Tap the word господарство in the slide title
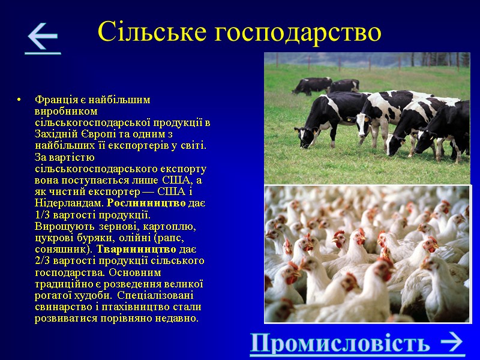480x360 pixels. (x=294, y=31)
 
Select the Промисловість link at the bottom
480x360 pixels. (x=340, y=343)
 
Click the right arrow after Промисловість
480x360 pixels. (x=451, y=343)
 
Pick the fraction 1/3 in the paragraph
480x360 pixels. (x=44, y=215)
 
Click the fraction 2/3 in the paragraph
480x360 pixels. (x=44, y=260)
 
